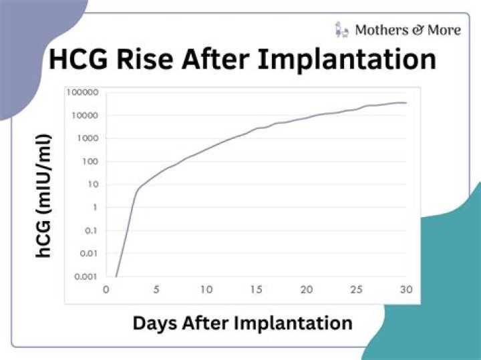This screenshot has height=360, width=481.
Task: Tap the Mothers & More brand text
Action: pyautogui.click(x=408, y=29)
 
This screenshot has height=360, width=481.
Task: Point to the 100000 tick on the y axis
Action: pyautogui.click(x=84, y=92)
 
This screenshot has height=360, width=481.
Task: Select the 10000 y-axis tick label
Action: pyautogui.click(x=86, y=116)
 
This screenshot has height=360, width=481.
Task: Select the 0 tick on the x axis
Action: pyautogui.click(x=106, y=290)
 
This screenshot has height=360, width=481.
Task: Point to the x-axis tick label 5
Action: pyautogui.click(x=156, y=290)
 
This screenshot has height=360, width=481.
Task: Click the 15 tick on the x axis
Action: pyautogui.click(x=256, y=290)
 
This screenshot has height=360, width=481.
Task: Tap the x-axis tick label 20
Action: pyautogui.click(x=306, y=290)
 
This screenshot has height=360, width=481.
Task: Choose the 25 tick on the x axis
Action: pyautogui.click(x=356, y=290)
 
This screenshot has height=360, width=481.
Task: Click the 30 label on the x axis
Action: pyautogui.click(x=406, y=290)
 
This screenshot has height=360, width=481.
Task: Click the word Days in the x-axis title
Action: pyautogui.click(x=155, y=323)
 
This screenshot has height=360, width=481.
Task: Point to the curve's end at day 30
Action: pyautogui.click(x=406, y=103)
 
